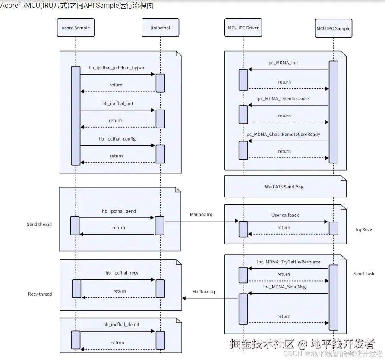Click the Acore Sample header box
76,28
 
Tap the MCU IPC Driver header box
243,28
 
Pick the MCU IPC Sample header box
333,28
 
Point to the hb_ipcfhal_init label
117,103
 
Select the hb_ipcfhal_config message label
117,139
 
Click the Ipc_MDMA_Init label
282,63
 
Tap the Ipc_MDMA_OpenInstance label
282,99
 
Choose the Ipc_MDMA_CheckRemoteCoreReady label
283,135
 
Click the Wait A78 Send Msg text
284,187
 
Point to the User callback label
285,215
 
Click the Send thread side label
39,225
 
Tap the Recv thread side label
40,294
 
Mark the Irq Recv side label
363,230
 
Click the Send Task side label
364,274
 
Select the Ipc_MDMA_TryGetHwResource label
289,262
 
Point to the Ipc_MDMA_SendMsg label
284,287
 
